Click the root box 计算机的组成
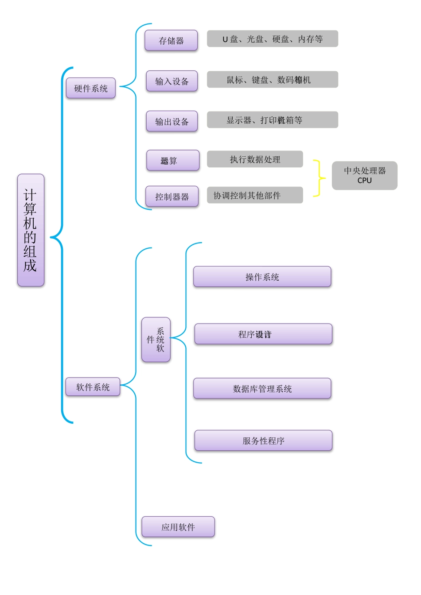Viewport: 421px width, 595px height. click(x=31, y=230)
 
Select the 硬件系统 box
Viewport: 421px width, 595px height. click(x=91, y=88)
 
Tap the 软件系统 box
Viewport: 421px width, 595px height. click(x=93, y=387)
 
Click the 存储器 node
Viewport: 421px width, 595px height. click(x=171, y=40)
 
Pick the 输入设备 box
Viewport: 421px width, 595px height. click(x=172, y=81)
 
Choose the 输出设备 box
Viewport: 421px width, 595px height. click(x=172, y=121)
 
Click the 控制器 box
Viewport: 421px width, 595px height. click(x=172, y=197)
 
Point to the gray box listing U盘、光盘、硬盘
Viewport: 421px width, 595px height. click(x=272, y=39)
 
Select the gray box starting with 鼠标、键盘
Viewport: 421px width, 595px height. click(x=272, y=80)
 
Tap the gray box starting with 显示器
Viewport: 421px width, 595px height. click(x=272, y=120)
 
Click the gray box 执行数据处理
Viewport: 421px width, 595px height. click(x=255, y=159)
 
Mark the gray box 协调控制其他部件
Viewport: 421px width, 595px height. click(x=255, y=195)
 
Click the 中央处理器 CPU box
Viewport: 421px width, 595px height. click(x=364, y=175)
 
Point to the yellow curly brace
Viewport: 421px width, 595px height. click(x=319, y=178)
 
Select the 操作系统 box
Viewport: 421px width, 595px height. click(x=262, y=277)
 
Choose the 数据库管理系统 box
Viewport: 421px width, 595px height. click(x=262, y=389)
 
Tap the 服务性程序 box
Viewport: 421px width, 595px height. click(x=263, y=440)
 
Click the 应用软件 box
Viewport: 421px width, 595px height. click(x=178, y=527)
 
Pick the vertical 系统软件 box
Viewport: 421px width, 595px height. click(x=156, y=340)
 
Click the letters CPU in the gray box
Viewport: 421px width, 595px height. click(x=364, y=181)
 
